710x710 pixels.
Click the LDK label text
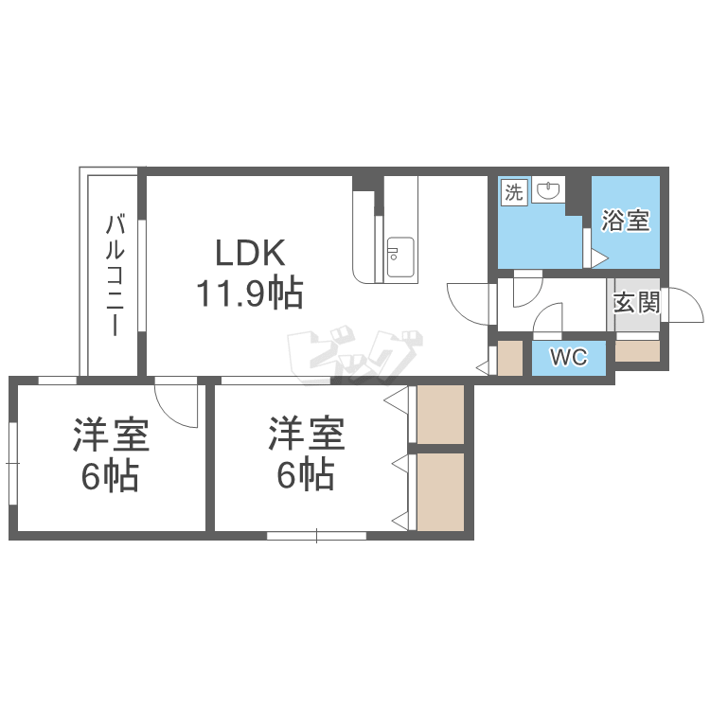pos(250,253)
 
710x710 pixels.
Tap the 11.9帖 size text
pos(250,293)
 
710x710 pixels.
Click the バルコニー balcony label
pos(115,275)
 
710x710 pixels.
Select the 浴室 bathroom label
pos(626,221)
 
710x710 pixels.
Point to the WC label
pos(569,357)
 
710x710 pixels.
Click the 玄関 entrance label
pos(637,303)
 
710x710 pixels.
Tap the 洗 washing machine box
pos(514,192)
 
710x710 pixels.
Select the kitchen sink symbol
pos(400,257)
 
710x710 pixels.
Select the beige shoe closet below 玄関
pos(637,351)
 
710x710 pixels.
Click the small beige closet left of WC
pos(510,358)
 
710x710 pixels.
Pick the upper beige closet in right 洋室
pos(440,415)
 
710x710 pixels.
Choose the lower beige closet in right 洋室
pos(440,491)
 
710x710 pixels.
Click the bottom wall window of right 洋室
pos(316,536)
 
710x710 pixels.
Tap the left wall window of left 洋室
pos(12,463)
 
